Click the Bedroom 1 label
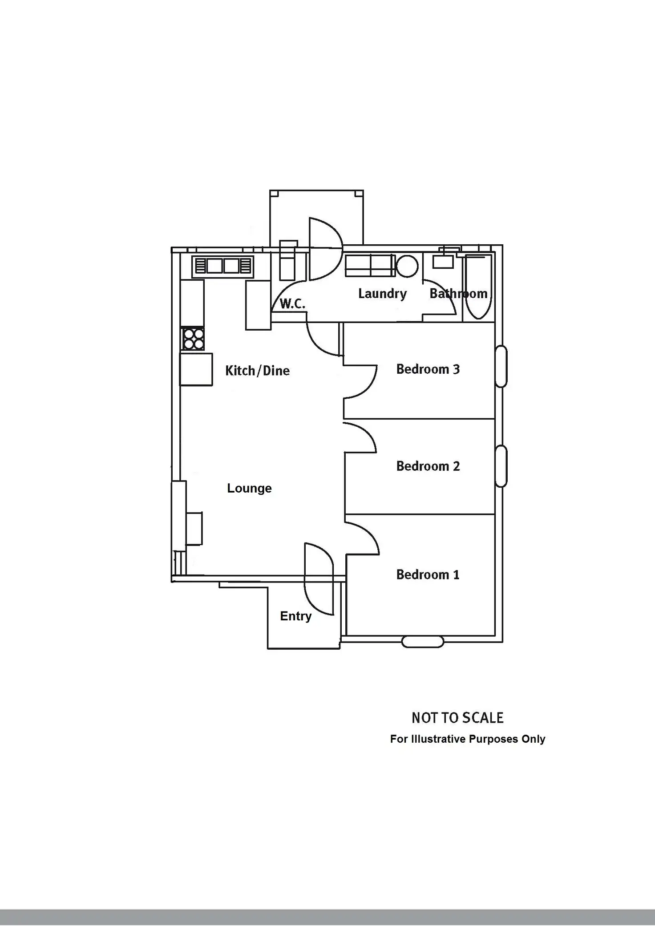click(428, 574)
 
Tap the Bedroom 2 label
click(428, 466)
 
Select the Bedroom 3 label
click(428, 369)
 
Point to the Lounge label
click(249, 488)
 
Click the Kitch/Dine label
click(257, 370)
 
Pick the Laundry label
click(382, 294)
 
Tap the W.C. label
click(292, 304)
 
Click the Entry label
click(295, 616)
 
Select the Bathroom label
click(458, 294)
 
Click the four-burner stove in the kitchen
click(193, 339)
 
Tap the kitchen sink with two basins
click(222, 266)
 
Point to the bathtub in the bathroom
click(479, 287)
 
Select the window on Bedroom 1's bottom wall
click(423, 642)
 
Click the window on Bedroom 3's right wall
click(501, 366)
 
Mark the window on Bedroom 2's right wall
click(501, 466)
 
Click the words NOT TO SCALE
click(457, 718)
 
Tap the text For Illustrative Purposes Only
click(467, 739)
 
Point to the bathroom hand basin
click(443, 262)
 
